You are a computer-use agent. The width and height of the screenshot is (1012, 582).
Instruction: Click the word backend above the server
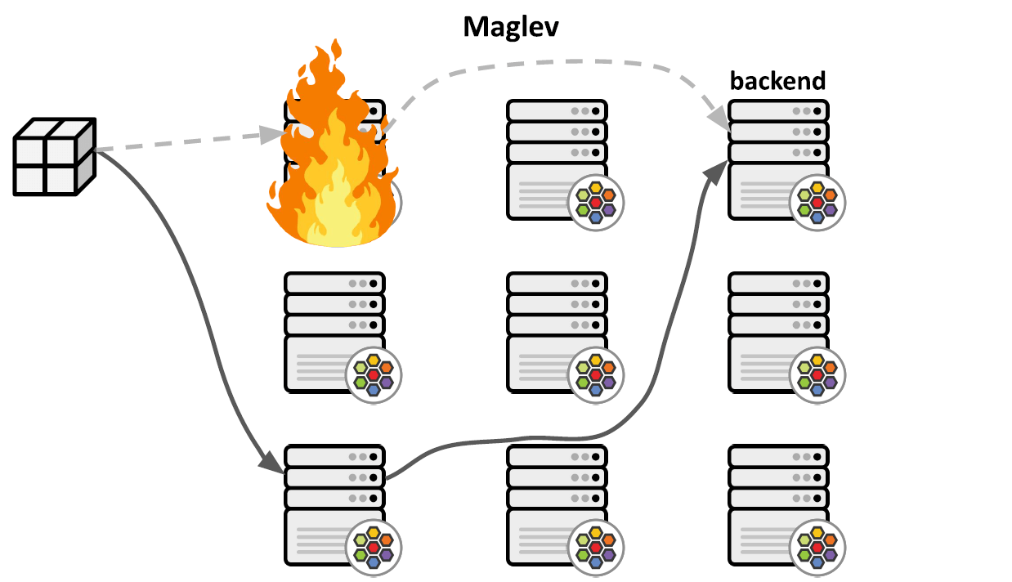(x=777, y=81)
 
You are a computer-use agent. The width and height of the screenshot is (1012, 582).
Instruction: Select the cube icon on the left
(x=55, y=156)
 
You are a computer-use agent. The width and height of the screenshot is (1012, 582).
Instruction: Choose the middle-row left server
(x=334, y=331)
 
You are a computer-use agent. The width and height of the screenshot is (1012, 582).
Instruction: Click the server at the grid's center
(x=557, y=331)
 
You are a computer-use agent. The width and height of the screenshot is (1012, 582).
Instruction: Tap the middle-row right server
(x=778, y=331)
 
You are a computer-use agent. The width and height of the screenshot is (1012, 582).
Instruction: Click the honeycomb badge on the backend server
(x=817, y=202)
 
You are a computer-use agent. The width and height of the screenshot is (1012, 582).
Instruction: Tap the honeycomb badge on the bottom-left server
(x=374, y=547)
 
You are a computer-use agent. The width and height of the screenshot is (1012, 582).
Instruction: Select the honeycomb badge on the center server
(x=596, y=374)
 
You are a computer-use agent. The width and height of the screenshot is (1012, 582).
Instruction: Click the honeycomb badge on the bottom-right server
(x=817, y=547)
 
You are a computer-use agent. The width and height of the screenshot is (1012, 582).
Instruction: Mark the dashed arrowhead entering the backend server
(x=719, y=120)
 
